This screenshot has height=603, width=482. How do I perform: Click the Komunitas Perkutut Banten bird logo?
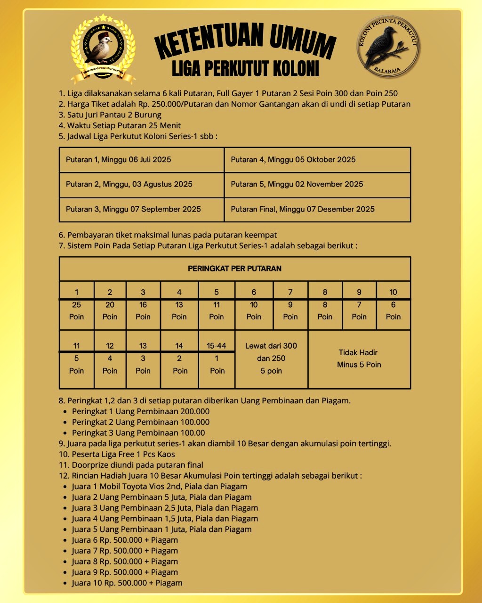tap(103, 49)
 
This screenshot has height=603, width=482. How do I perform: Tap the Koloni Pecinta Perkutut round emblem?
tap(388, 46)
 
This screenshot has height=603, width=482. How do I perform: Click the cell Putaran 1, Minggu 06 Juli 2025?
tap(141, 160)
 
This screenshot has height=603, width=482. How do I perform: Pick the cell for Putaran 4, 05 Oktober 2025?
tap(317, 160)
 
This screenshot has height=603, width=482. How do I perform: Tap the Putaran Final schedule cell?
tap(317, 209)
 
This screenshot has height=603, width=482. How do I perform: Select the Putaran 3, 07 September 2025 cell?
tap(141, 209)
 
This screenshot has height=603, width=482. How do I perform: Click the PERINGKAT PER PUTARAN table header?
tap(234, 269)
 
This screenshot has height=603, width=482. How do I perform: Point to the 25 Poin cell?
tap(76, 311)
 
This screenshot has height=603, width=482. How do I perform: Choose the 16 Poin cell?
tap(143, 311)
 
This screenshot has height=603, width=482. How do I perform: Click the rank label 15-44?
tap(217, 346)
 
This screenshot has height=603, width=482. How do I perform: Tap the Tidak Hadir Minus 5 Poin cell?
tap(359, 359)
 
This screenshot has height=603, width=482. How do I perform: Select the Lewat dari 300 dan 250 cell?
tap(271, 359)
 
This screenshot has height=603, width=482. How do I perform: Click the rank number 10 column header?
tap(393, 292)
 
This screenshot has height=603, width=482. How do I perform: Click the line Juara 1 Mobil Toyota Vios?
tap(159, 487)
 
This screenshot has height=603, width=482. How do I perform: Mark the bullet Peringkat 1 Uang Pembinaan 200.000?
tap(140, 411)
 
